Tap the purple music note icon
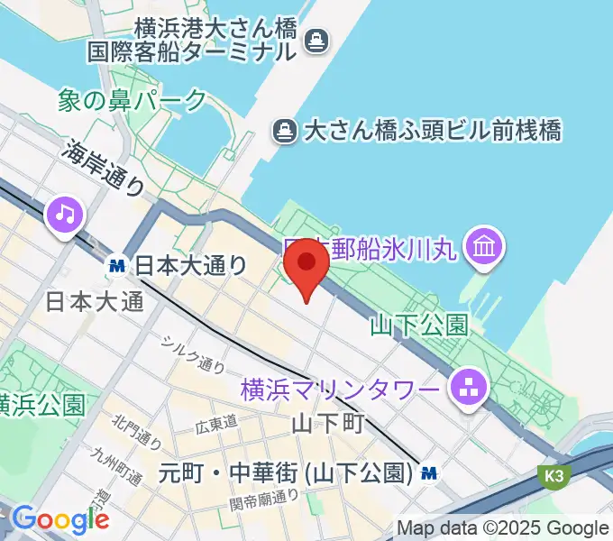(65, 215)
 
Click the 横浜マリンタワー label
(343, 391)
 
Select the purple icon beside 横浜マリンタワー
(468, 390)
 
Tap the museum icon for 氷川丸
(484, 244)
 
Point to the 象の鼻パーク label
(133, 99)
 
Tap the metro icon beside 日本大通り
(116, 265)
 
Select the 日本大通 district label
(94, 301)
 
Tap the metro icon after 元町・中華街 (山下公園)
(431, 472)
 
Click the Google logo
(60, 520)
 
